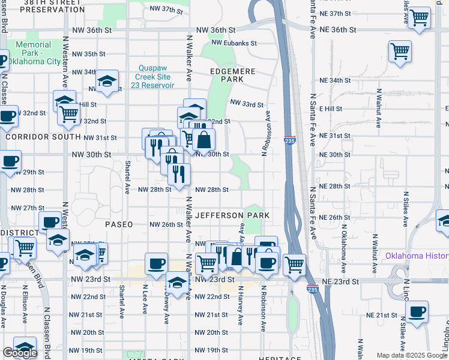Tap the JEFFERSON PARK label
[x=231, y=215]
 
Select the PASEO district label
[x=118, y=224]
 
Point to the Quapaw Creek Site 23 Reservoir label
[x=154, y=77]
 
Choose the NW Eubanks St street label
[x=234, y=43]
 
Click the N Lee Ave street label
[x=145, y=299]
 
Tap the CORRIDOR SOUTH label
[x=34, y=137]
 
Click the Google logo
[x=20, y=353]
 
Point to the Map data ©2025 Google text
[x=412, y=355]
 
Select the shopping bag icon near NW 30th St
[x=203, y=140]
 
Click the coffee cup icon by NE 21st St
[x=417, y=311]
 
